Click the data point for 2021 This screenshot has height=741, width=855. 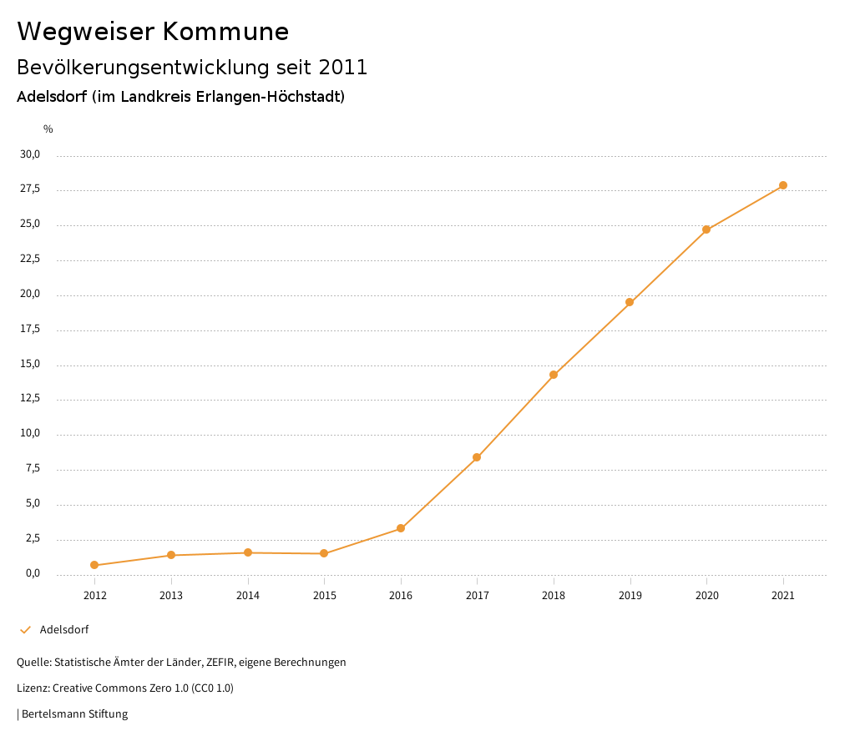pyautogui.click(x=783, y=185)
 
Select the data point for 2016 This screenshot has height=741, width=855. pyautogui.click(x=401, y=528)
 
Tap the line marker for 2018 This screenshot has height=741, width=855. pyautogui.click(x=554, y=375)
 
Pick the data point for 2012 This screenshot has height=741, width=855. pyautogui.click(x=94, y=565)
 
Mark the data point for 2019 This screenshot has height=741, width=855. pyautogui.click(x=630, y=302)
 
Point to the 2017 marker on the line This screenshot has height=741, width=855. pyautogui.click(x=477, y=457)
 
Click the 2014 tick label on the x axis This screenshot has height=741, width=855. pyautogui.click(x=248, y=596)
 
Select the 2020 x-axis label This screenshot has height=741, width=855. pyautogui.click(x=706, y=596)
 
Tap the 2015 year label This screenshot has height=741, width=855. pyautogui.click(x=324, y=596)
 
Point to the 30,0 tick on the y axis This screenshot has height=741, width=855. pyautogui.click(x=30, y=154)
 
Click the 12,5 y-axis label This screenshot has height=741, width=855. pyautogui.click(x=30, y=399)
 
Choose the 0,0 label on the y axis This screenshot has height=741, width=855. pyautogui.click(x=33, y=573)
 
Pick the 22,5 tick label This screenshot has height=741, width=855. pyautogui.click(x=30, y=260)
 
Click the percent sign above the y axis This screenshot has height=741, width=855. pyautogui.click(x=48, y=129)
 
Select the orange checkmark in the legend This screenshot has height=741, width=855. pyautogui.click(x=25, y=630)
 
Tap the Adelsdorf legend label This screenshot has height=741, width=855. pyautogui.click(x=64, y=630)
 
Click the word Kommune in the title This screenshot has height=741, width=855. pyautogui.click(x=225, y=32)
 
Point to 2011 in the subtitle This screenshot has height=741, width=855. pyautogui.click(x=343, y=68)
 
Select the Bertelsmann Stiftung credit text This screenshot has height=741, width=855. pyautogui.click(x=74, y=714)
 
